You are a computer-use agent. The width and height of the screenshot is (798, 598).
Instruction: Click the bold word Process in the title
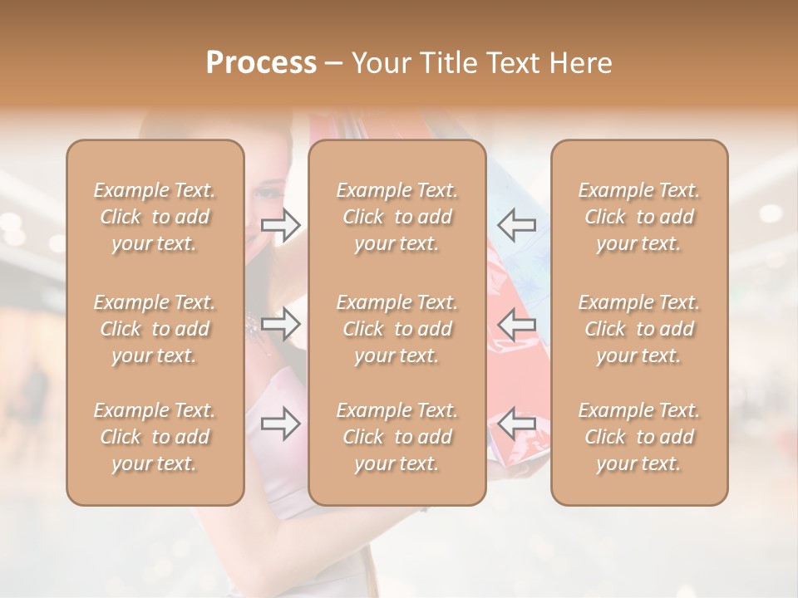261,63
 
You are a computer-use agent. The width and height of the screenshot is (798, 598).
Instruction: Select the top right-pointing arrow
281,225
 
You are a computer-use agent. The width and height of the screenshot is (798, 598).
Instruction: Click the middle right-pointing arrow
281,324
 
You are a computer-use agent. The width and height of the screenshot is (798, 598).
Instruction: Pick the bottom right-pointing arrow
281,424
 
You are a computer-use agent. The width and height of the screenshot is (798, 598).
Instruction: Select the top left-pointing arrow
516,224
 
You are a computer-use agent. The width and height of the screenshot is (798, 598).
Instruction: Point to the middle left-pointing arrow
516,324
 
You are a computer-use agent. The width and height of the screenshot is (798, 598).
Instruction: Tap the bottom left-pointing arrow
516,424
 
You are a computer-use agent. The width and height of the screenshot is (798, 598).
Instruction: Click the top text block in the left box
155,217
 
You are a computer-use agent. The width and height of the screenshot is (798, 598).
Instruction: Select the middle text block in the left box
155,329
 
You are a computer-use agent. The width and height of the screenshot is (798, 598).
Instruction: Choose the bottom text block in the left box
155,437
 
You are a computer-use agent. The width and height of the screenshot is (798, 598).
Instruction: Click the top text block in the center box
397,217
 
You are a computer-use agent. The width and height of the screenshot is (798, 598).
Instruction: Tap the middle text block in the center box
397,329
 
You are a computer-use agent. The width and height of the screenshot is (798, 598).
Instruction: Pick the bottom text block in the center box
397,437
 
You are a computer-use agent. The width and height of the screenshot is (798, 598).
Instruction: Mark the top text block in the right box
639,217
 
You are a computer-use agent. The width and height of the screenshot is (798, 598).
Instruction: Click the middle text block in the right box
639,329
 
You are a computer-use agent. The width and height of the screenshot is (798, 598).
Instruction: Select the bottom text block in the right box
639,437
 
